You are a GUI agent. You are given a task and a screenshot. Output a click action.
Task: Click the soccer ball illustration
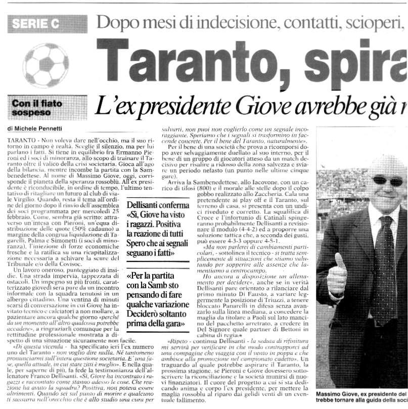tap(46, 64)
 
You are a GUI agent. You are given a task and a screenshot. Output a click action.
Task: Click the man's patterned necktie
tap(374, 268)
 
